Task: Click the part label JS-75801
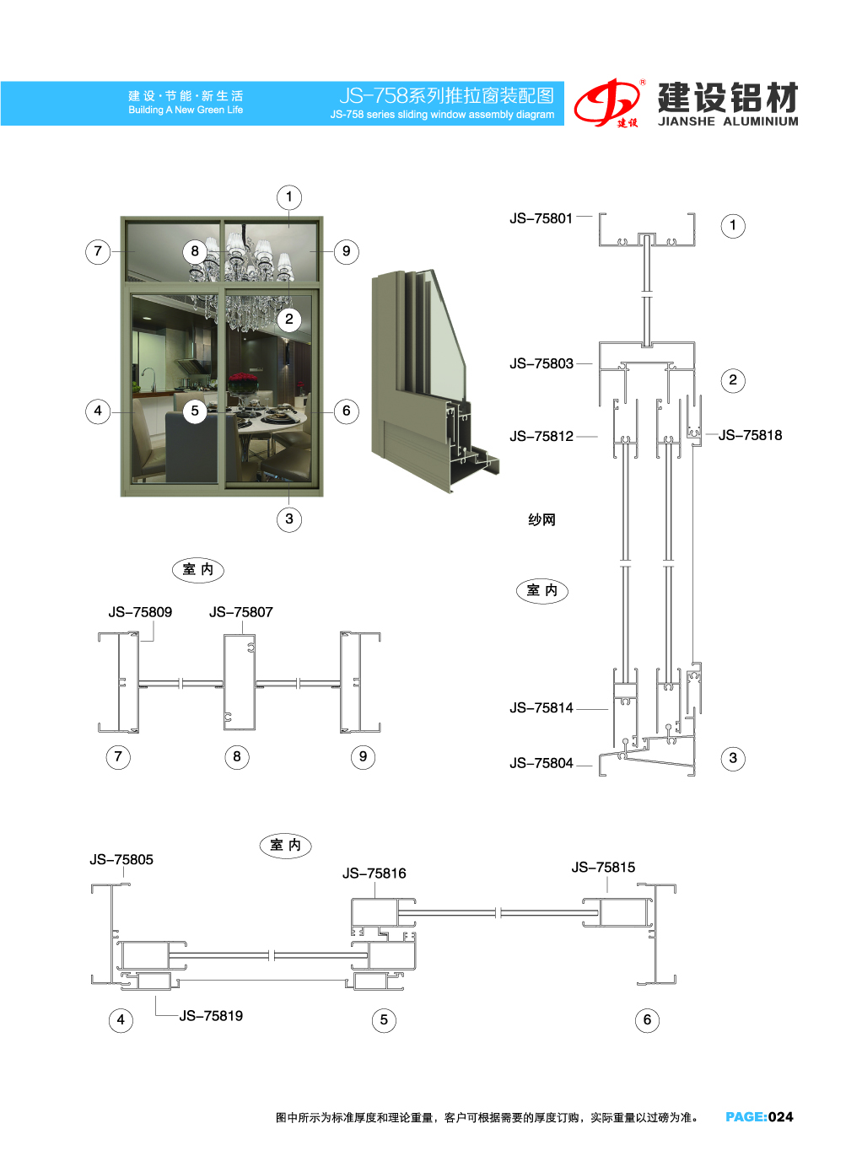pos(541,218)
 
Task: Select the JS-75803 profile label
pos(541,363)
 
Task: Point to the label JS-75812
pos(541,436)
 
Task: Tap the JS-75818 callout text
pos(750,435)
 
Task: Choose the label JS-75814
pos(541,707)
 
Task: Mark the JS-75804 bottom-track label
pos(541,763)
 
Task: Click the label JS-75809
pos(140,612)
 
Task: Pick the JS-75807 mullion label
pos(241,612)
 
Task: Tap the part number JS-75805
pos(121,859)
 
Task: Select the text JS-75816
pos(374,873)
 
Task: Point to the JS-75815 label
pos(603,868)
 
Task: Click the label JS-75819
pos(211,1015)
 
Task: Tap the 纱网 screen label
pos(541,519)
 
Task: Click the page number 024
pos(780,1116)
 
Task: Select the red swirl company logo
pos(608,103)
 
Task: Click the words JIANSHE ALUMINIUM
pos(728,121)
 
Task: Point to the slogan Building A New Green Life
pos(186,110)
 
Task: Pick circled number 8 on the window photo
pos(195,251)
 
